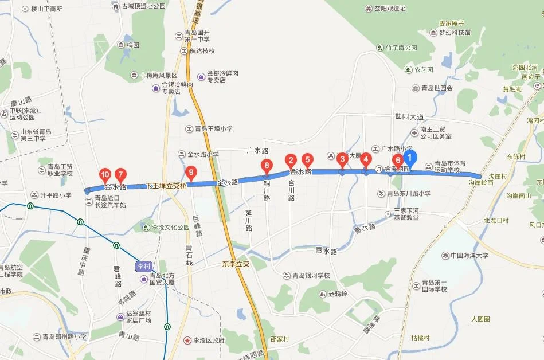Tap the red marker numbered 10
pyautogui.click(x=105, y=174)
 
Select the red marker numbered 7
pyautogui.click(x=120, y=174)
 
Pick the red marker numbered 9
pyautogui.click(x=191, y=171)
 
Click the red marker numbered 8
pyautogui.click(x=266, y=166)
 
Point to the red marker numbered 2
pyautogui.click(x=291, y=161)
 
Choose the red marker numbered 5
pyautogui.click(x=307, y=161)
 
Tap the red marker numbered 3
pyautogui.click(x=342, y=159)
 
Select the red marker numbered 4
pyautogui.click(x=366, y=159)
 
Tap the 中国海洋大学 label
pyautogui.click(x=468, y=255)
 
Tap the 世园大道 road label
pyautogui.click(x=409, y=117)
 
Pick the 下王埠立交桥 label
pyautogui.click(x=166, y=186)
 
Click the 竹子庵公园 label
pyautogui.click(x=401, y=48)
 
